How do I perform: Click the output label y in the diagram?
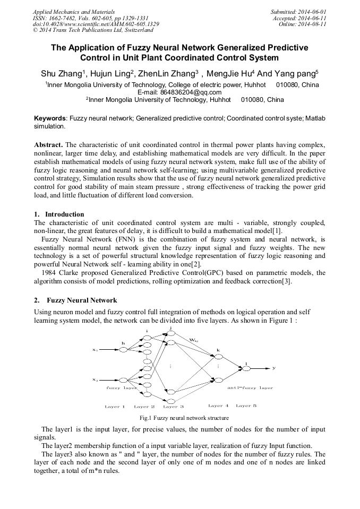pyautogui.click(x=274, y=367)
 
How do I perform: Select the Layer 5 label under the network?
pyautogui.click(x=246, y=406)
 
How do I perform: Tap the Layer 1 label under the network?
pyautogui.click(x=115, y=407)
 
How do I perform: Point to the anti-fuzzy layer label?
pyautogui.click(x=250, y=388)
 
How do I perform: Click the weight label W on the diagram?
pyautogui.click(x=194, y=338)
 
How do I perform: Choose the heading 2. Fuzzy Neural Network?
pyautogui.click(x=75, y=301)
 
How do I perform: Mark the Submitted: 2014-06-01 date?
pyautogui.click(x=298, y=11)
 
